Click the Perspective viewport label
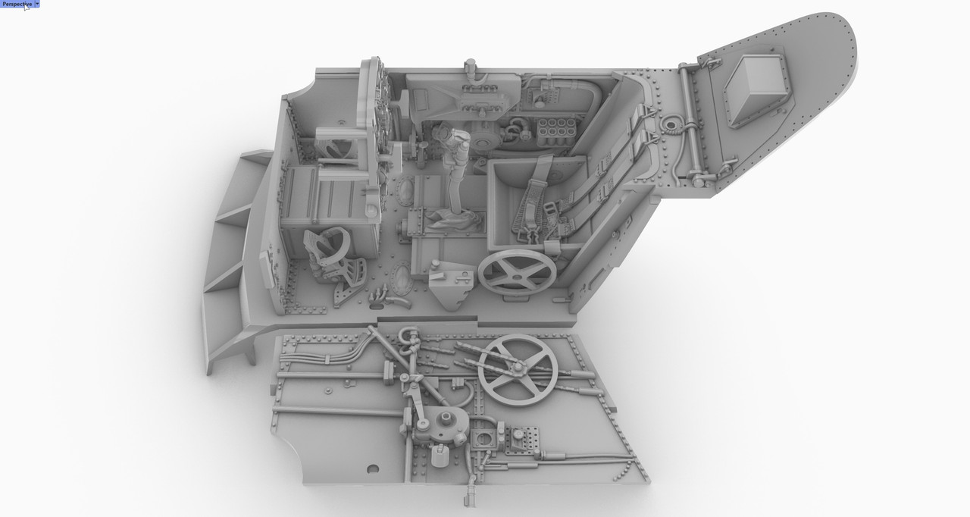[17, 4]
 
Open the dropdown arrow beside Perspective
[37, 4]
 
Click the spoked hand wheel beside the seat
[517, 272]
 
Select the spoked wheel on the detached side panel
[518, 370]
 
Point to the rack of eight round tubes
[556, 132]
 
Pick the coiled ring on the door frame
[671, 124]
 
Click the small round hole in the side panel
[372, 468]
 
